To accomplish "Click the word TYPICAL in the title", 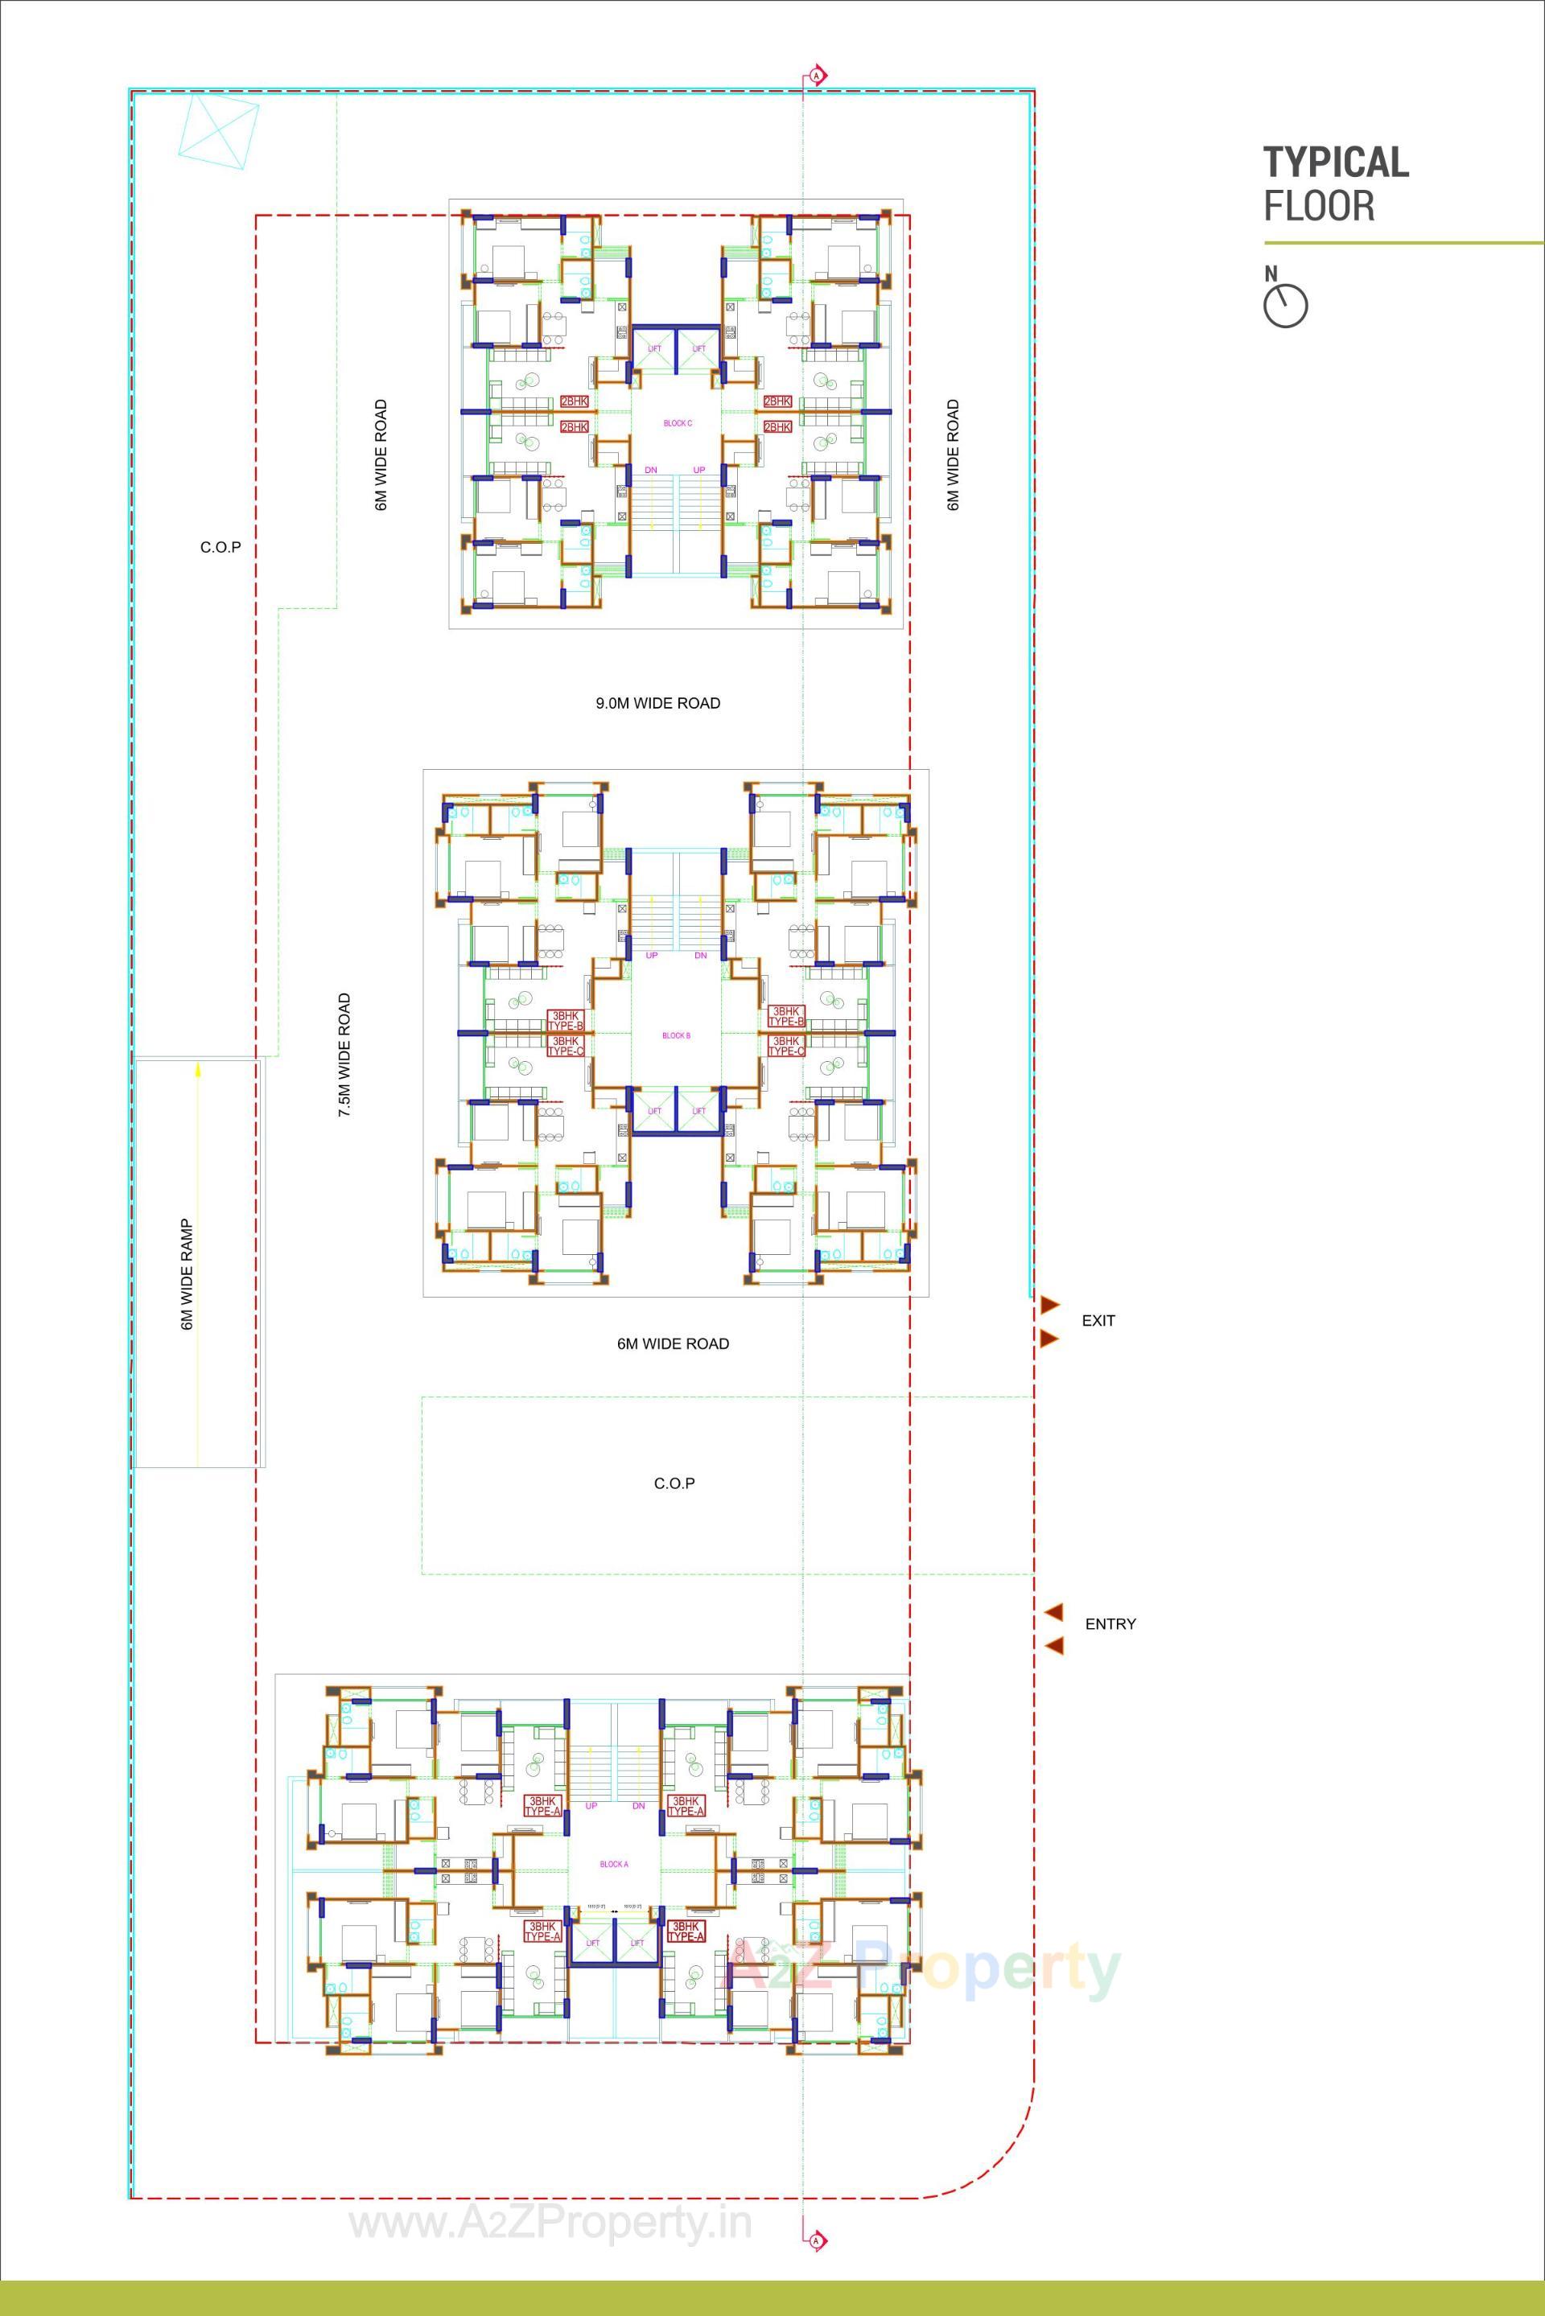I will click(x=1335, y=162).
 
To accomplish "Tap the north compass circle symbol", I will click(x=1285, y=306).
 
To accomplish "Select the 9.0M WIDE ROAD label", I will click(x=657, y=703).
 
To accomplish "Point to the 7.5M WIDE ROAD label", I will click(x=344, y=1054).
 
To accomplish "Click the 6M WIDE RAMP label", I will click(x=186, y=1275).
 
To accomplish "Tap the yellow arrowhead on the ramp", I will click(x=198, y=1067).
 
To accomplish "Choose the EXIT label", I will click(x=1098, y=1320).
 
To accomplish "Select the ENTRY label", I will click(x=1110, y=1623).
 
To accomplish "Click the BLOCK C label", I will click(x=677, y=424).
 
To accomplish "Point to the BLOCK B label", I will click(x=676, y=1036).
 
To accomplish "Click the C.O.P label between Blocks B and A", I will click(x=674, y=1483).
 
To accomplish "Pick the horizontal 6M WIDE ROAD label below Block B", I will click(x=673, y=1343).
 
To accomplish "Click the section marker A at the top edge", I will click(x=816, y=75).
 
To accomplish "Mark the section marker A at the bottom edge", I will click(x=816, y=2240).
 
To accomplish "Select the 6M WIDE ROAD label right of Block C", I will click(x=953, y=455).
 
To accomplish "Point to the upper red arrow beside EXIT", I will click(x=1049, y=1304).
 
